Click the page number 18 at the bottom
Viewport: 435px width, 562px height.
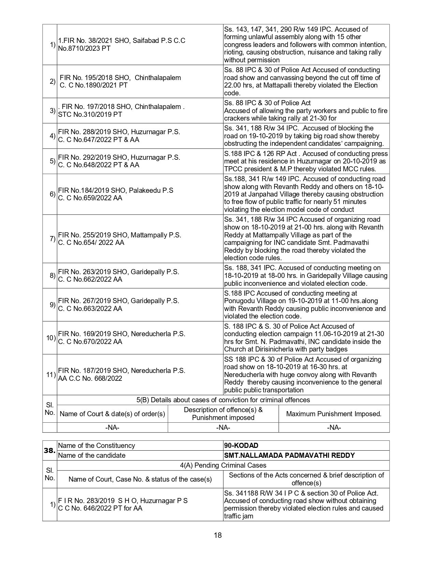218,535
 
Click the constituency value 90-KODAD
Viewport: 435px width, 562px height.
241,446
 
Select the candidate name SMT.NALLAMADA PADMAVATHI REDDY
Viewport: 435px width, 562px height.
289,455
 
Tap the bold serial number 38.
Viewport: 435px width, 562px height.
50,450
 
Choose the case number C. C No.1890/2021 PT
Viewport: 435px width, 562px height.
93,85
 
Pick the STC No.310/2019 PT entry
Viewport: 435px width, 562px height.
90,114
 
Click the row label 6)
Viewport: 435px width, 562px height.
53,194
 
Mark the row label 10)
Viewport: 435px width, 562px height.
51,338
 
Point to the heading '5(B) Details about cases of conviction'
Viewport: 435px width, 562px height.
223,400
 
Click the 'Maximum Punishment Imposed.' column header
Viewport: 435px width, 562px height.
334,414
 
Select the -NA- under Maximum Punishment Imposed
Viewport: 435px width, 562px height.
334,427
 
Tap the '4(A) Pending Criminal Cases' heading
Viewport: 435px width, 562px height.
223,465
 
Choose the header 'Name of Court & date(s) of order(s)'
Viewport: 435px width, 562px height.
112,414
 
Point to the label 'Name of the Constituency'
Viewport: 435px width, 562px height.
97,446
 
